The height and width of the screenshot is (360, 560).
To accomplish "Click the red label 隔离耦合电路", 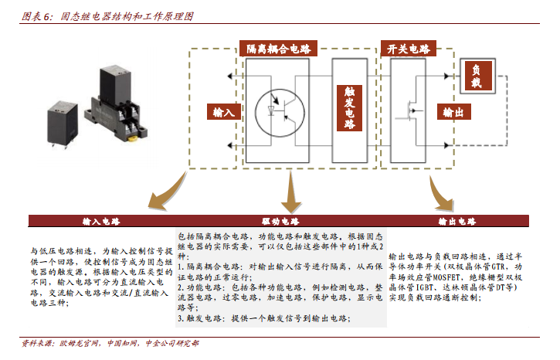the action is (x=278, y=49).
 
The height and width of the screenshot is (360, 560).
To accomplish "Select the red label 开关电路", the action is (x=408, y=49).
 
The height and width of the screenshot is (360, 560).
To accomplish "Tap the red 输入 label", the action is (x=224, y=112).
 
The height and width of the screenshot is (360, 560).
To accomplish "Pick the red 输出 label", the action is (x=454, y=112).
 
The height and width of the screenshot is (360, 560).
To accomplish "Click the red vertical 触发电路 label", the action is (x=350, y=108).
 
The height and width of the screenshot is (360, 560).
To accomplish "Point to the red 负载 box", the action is (x=477, y=76).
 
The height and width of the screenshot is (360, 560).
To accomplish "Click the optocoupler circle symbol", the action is (x=280, y=113).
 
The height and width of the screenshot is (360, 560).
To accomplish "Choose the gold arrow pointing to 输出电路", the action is (x=439, y=195).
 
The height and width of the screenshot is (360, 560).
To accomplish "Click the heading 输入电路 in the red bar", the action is (x=101, y=222).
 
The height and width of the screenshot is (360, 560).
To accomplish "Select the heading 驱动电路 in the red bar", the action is (x=280, y=222).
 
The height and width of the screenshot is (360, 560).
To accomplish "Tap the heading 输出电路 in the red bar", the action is (x=457, y=222).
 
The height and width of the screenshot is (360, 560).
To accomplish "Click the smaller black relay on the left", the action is (x=63, y=123).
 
